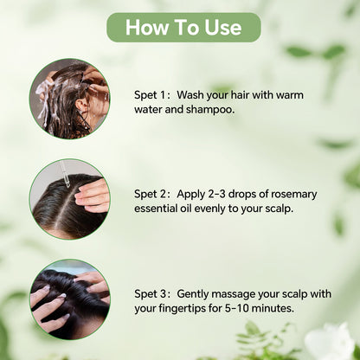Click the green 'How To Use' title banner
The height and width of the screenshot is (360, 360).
[x=183, y=27]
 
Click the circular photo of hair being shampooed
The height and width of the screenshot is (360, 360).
[x=69, y=99]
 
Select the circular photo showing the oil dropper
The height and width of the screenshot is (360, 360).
[x=69, y=198]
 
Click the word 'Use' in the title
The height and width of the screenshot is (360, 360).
[x=222, y=27]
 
